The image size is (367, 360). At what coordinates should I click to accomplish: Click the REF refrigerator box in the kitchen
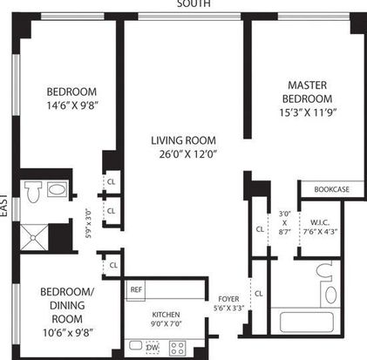click(136, 290)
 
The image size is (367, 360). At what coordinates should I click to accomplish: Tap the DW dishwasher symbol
click(153, 348)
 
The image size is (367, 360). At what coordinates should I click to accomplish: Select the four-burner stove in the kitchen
click(178, 348)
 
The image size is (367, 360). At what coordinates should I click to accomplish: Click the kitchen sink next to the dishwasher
click(136, 345)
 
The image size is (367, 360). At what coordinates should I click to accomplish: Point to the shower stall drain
click(33, 238)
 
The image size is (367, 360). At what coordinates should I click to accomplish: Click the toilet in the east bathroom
click(33, 191)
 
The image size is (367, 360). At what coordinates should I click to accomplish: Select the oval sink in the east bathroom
click(57, 190)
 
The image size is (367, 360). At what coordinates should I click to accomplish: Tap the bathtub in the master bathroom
click(307, 322)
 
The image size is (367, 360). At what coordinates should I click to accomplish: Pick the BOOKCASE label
click(331, 189)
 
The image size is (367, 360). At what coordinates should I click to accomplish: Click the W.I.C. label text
click(320, 223)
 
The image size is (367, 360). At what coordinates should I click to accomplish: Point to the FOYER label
click(228, 299)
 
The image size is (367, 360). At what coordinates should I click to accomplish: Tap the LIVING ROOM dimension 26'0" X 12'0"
click(188, 154)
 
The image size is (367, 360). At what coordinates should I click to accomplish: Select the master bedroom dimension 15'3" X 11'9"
click(308, 112)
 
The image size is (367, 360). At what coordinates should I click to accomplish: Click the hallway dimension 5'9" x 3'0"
click(89, 223)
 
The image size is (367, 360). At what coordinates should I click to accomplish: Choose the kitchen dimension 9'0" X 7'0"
click(166, 323)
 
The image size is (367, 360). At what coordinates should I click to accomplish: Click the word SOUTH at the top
click(194, 3)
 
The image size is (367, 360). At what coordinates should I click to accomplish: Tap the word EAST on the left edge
click(3, 205)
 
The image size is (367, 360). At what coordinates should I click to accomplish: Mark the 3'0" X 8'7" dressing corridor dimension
click(285, 223)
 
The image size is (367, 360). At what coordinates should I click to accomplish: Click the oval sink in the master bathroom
click(330, 295)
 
